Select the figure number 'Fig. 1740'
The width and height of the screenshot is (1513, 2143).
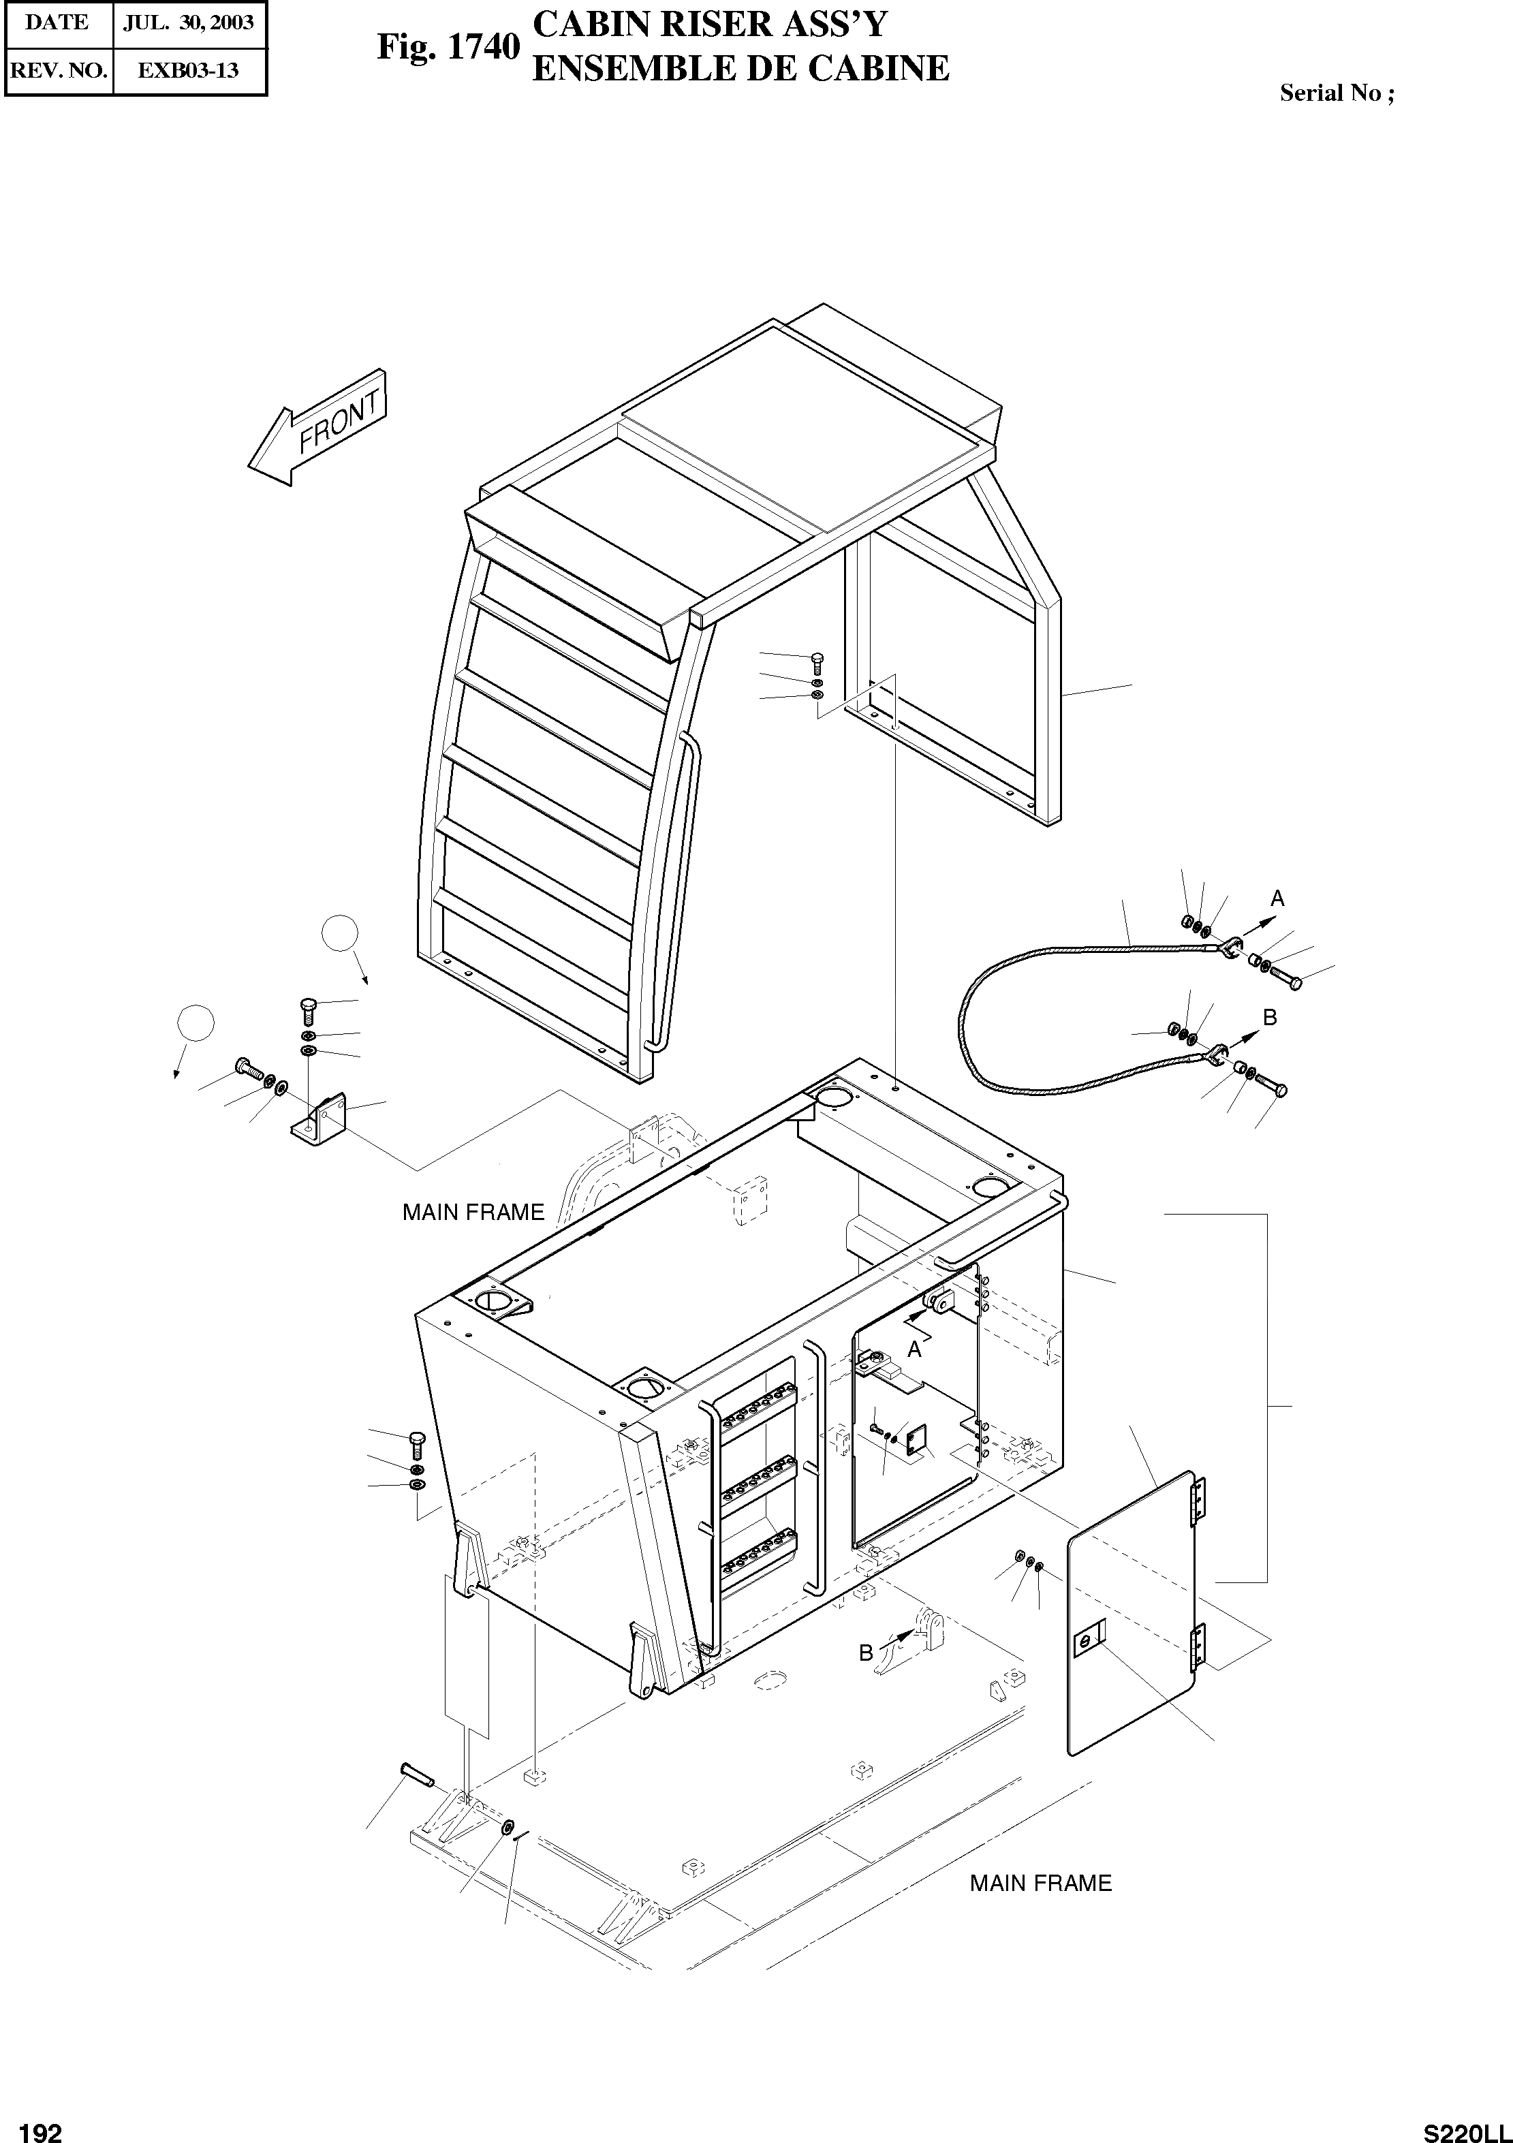pos(447,47)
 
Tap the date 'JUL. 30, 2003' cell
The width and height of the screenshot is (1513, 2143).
pos(189,23)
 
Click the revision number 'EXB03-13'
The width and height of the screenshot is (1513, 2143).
pos(189,71)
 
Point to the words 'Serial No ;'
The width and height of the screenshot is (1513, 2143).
pos(1337,93)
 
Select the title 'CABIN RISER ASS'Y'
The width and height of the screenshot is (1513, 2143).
pos(709,25)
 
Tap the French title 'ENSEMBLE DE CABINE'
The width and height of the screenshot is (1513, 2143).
pos(740,69)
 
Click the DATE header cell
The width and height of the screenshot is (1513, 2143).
pos(57,23)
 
